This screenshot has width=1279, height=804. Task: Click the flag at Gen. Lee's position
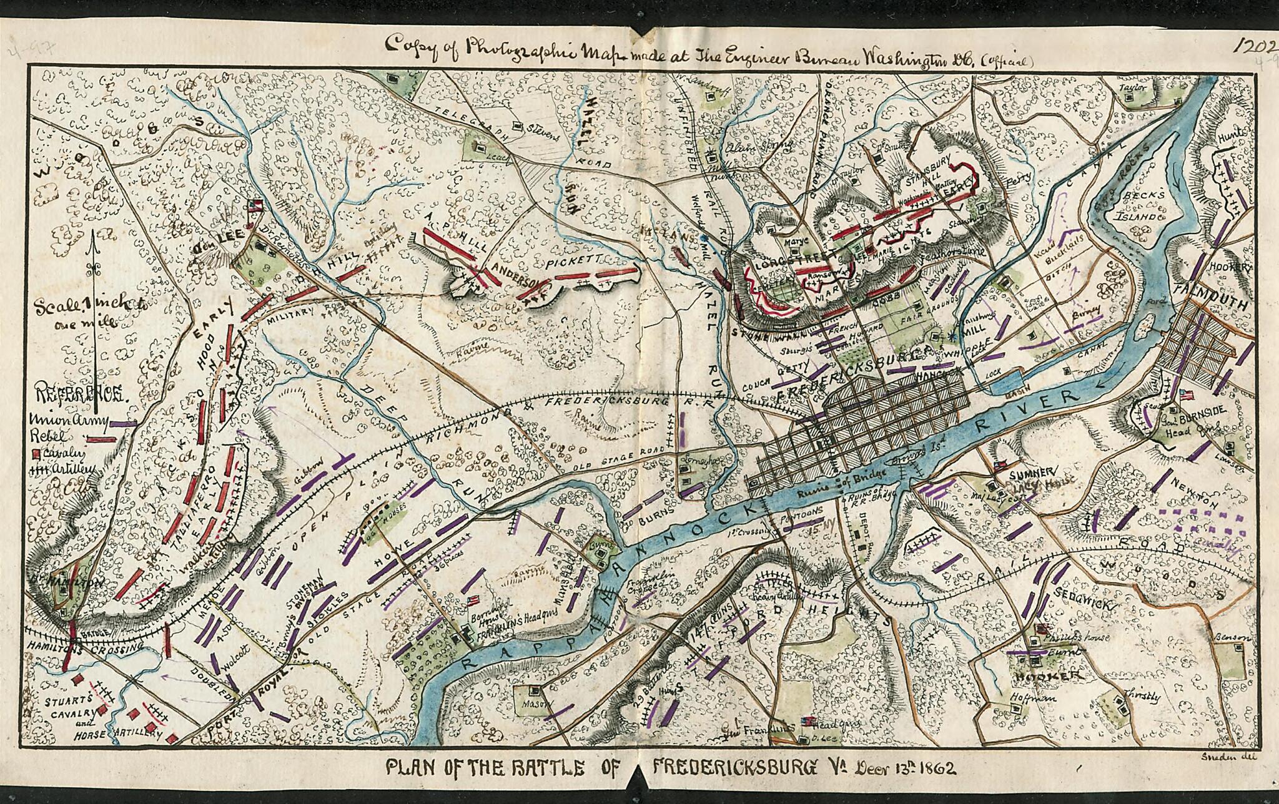pos(254,206)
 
